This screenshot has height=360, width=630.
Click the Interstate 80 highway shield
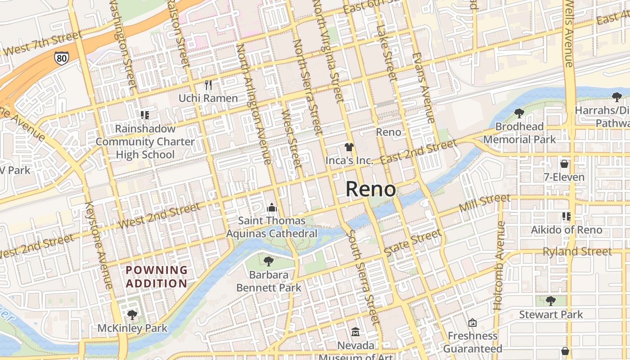tap(62, 58)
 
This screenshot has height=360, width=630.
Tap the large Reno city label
tap(371, 189)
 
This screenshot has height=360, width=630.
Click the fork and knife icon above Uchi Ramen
tap(208, 85)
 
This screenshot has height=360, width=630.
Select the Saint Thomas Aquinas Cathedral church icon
tap(271, 207)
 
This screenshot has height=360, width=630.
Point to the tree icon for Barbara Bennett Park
tap(269, 261)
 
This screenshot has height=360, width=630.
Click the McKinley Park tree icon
tap(132, 315)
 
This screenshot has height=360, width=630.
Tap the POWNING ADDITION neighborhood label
tap(156, 277)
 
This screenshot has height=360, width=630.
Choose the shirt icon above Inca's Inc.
tap(349, 147)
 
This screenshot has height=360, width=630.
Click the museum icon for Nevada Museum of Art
tap(355, 332)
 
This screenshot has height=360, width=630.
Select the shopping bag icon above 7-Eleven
tap(564, 164)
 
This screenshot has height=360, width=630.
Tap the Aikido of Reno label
tap(566, 230)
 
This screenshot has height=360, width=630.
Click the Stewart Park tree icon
tap(550, 301)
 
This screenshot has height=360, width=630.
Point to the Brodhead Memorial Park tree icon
tap(519, 113)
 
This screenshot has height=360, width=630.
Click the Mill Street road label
tap(485, 203)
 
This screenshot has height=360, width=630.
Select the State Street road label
tap(413, 243)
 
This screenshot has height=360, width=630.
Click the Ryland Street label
tap(577, 252)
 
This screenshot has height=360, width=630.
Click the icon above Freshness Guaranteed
tap(472, 323)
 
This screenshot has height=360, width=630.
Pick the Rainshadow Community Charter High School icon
tap(144, 115)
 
